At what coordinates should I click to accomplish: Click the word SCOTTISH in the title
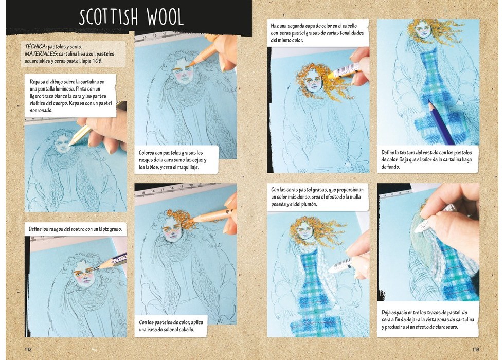[109, 17]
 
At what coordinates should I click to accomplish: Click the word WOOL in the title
[165, 17]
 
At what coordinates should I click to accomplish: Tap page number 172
[28, 349]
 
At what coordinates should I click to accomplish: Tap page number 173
[475, 349]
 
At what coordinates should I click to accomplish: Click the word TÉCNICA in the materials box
[35, 47]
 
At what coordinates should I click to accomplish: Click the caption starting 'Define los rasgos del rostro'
[75, 229]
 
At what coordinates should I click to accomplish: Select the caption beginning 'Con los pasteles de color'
[171, 326]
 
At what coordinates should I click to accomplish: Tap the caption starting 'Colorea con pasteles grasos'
[172, 160]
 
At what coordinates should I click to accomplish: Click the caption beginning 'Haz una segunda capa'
[317, 33]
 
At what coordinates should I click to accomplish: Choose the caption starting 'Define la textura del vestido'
[426, 159]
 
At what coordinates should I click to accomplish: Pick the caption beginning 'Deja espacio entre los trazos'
[427, 319]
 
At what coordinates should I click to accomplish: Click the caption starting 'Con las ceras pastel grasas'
[317, 196]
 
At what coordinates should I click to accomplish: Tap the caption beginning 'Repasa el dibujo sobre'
[71, 96]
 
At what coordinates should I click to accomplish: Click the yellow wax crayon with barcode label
[344, 71]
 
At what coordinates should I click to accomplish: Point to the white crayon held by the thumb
[434, 219]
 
